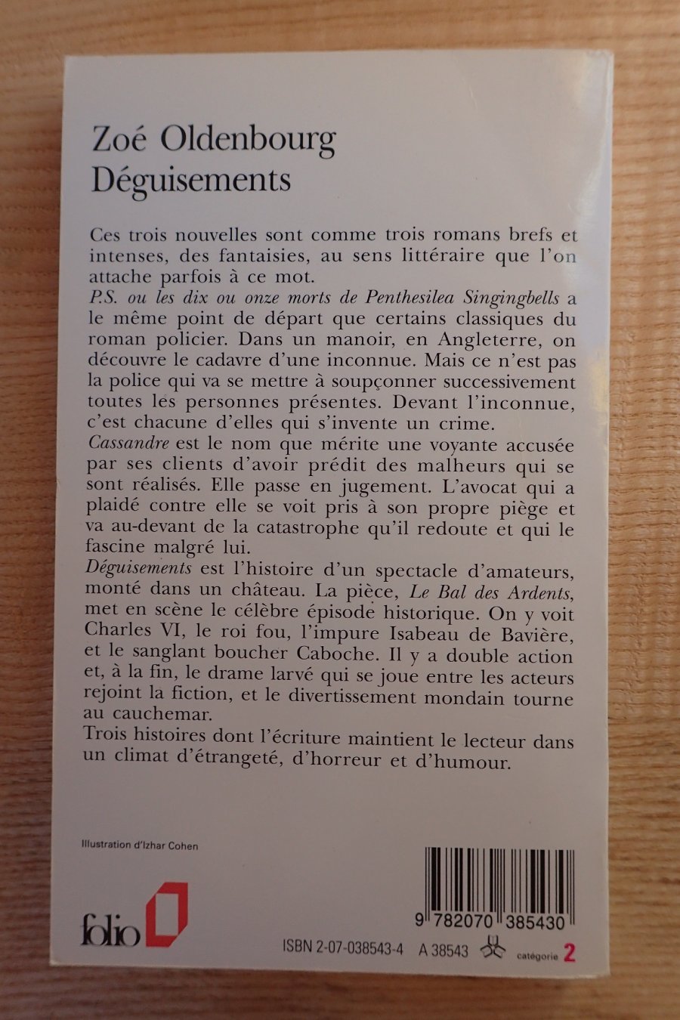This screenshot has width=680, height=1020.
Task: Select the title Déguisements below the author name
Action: [191, 181]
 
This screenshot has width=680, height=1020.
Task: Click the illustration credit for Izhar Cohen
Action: [140, 845]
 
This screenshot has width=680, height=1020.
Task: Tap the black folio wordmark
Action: [111, 934]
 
